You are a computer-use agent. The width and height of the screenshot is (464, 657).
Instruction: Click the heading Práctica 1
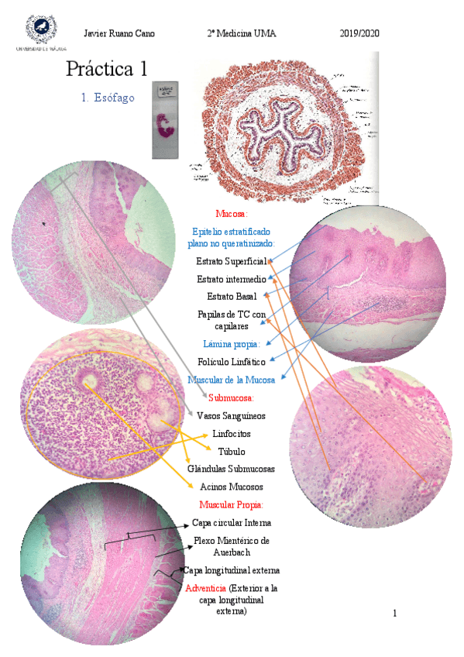coord(106,69)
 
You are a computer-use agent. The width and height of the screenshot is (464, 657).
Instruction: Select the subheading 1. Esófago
coord(108,98)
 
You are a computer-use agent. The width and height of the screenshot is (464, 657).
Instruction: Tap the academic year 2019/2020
coord(359,33)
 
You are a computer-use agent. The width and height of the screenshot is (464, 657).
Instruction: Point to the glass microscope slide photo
coord(165,120)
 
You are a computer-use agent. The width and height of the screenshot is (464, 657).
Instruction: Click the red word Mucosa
coord(232,213)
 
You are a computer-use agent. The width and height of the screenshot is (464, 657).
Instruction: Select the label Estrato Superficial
coord(232,261)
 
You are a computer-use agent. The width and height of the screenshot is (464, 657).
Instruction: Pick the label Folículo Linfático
coord(232,362)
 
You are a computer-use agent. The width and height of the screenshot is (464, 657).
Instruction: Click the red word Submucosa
coord(232,398)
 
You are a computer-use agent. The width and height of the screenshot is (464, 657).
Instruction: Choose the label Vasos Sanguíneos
coord(232,415)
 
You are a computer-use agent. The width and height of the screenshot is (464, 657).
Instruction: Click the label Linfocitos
coord(232,434)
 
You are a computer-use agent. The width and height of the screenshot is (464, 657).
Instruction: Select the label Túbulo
coord(232,451)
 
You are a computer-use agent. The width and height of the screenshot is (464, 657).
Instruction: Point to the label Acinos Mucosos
coord(232,487)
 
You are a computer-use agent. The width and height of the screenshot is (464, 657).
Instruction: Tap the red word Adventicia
coord(206,589)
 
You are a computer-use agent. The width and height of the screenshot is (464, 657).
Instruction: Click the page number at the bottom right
coord(394,614)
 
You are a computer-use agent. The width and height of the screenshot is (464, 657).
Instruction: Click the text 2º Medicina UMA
coord(241,33)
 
